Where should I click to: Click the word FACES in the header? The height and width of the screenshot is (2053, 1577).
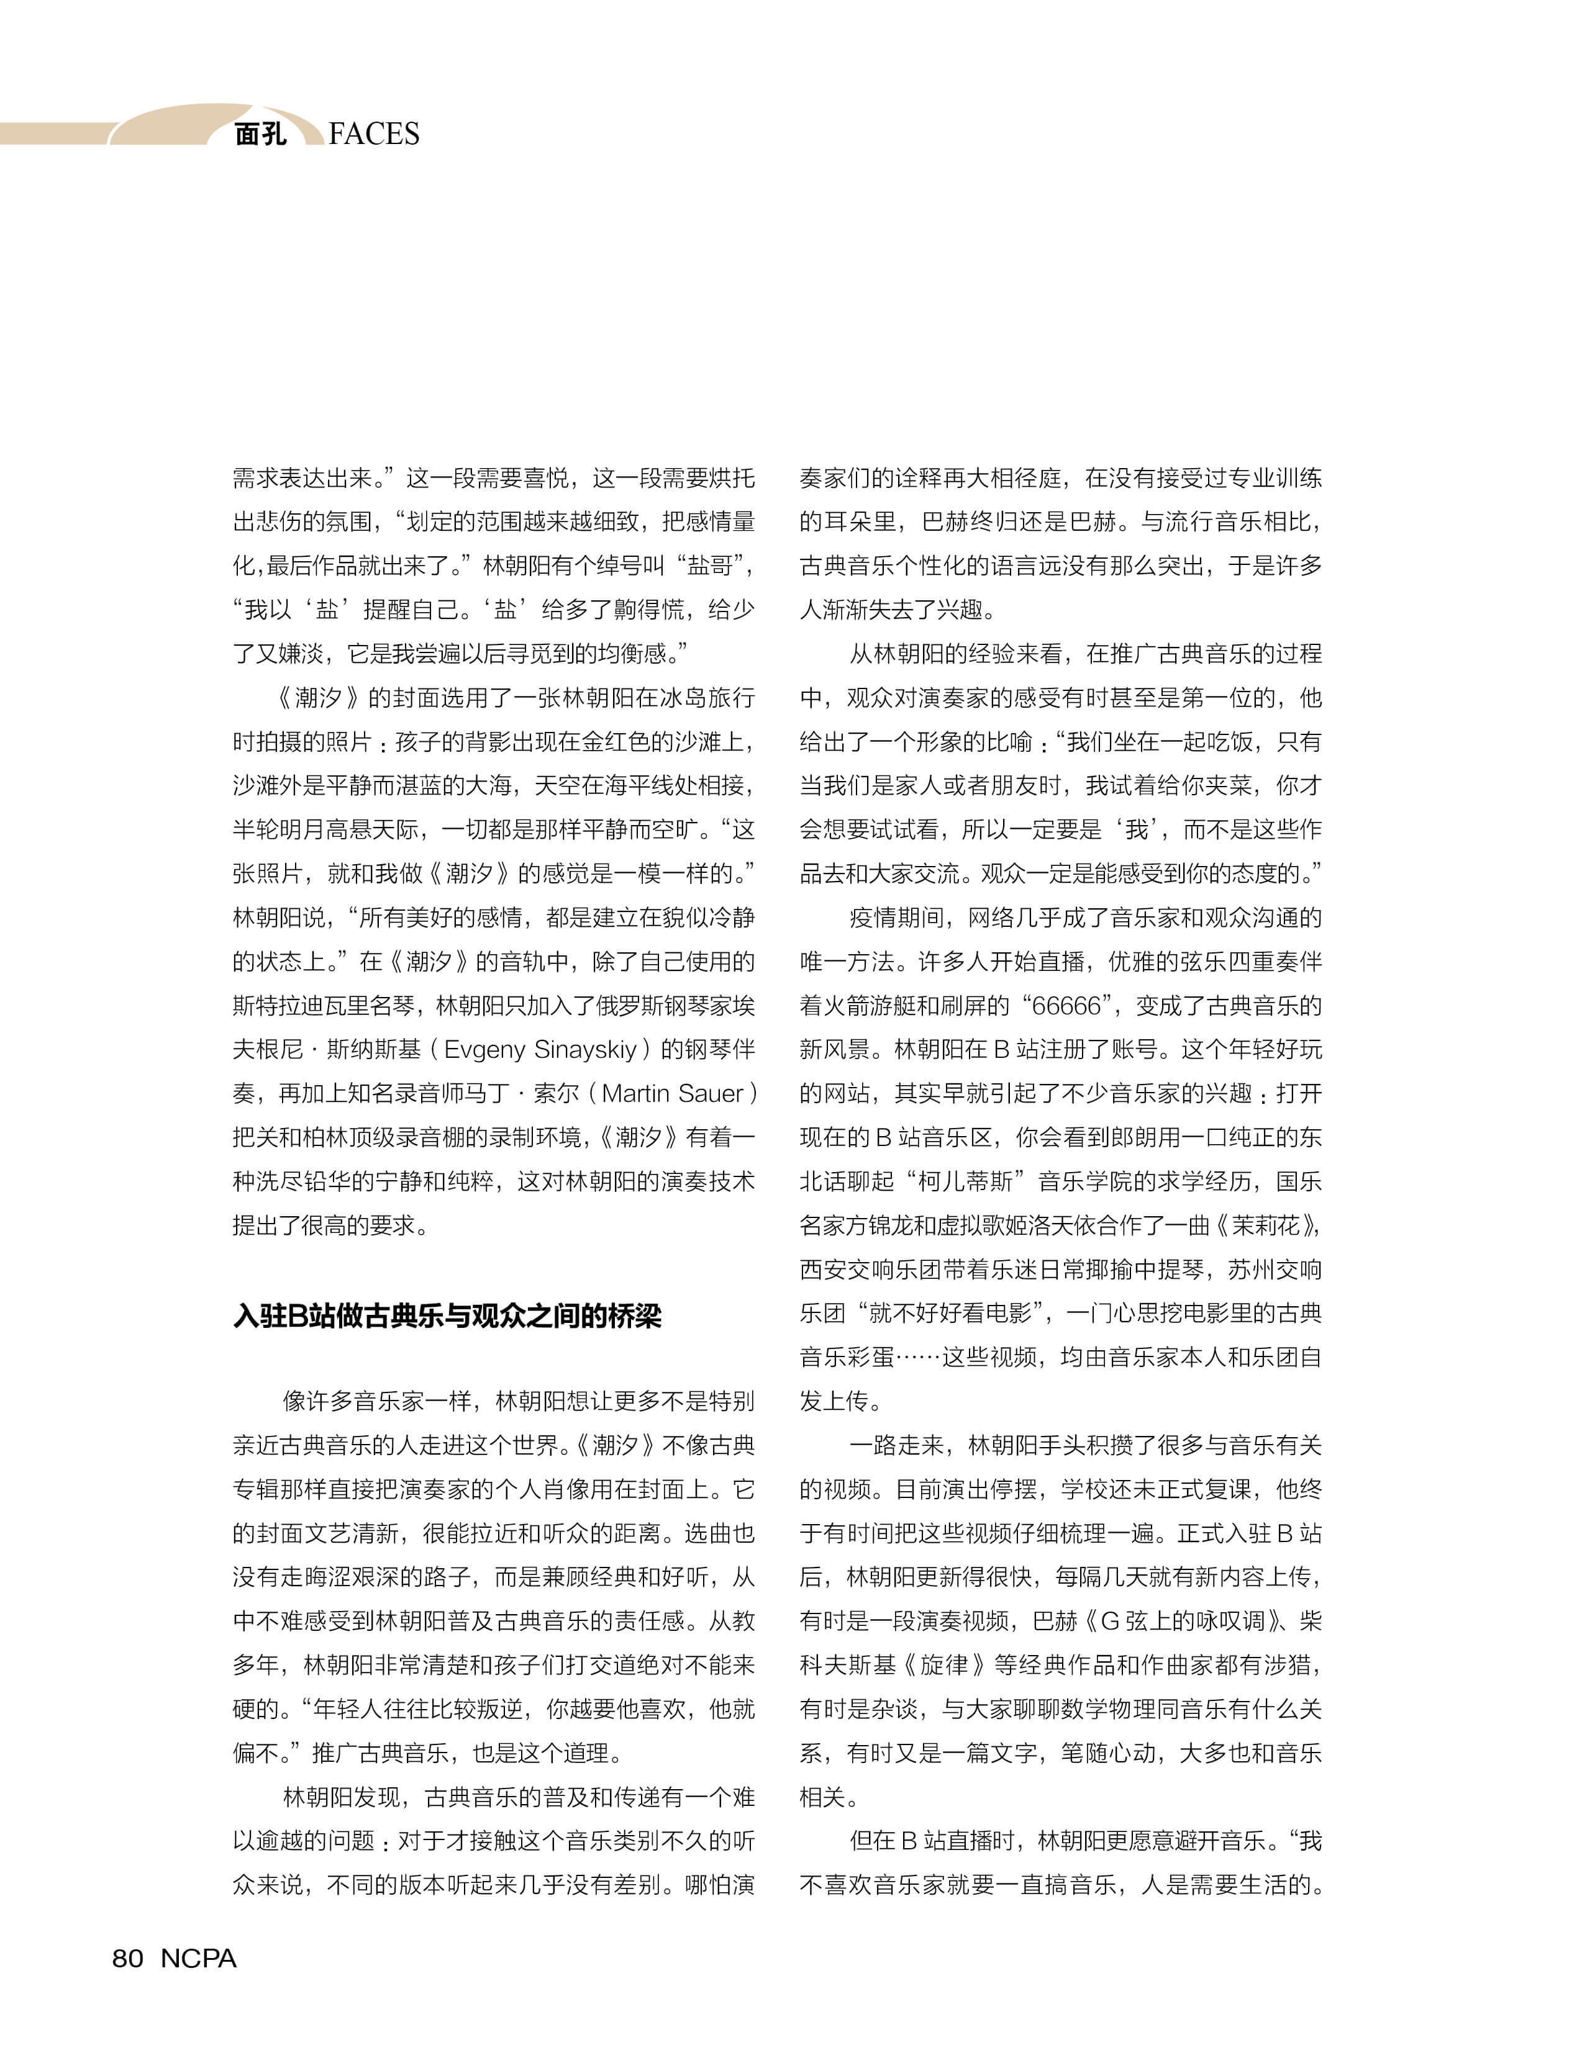click(x=374, y=134)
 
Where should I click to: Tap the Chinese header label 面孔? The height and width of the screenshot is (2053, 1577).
click(x=260, y=134)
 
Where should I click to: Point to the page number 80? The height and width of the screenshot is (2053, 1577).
click(x=128, y=1958)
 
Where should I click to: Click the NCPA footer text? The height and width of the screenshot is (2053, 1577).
click(x=198, y=1958)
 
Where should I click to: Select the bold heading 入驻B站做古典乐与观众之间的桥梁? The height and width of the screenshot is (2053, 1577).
click(x=447, y=1315)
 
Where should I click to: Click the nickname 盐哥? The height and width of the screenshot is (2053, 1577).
click(x=711, y=566)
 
